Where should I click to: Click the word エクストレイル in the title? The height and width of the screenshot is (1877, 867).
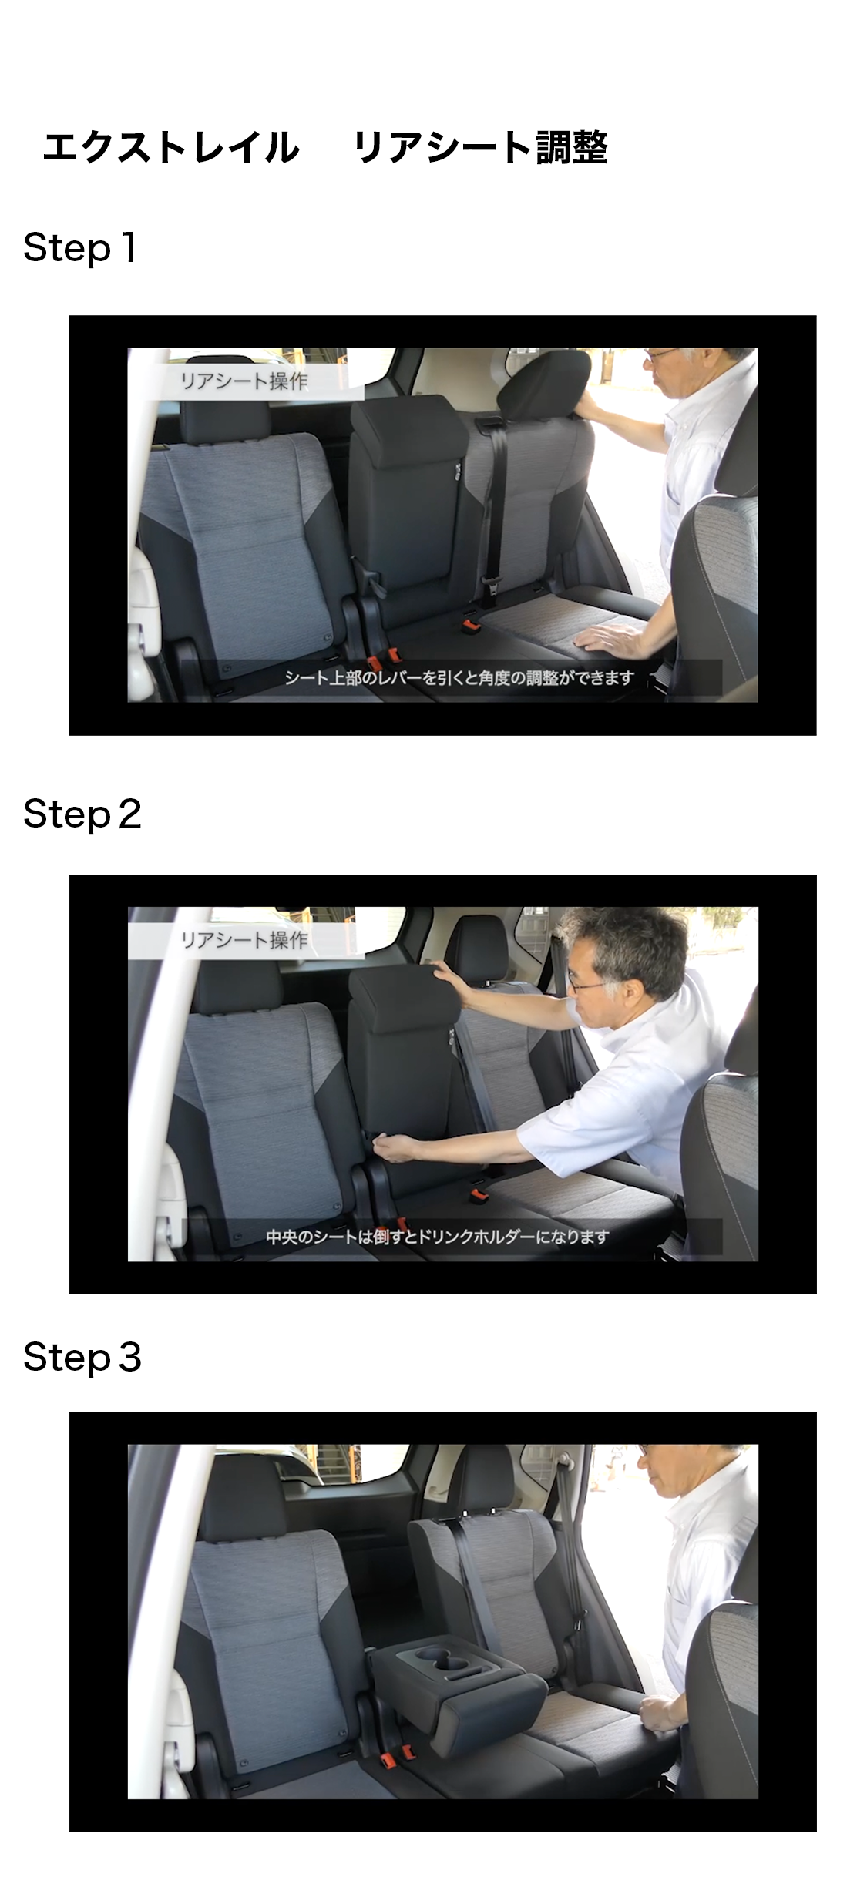(x=171, y=147)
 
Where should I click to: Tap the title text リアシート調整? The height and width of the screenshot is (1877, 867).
(x=481, y=147)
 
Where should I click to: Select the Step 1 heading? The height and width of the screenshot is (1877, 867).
(x=80, y=248)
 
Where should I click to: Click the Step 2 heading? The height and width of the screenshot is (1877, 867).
(x=82, y=814)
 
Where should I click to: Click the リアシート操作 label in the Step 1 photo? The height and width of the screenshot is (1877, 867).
(x=244, y=381)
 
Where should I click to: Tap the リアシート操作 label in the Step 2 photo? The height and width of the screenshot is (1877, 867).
(x=244, y=940)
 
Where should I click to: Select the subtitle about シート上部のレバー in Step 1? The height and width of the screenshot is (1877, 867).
(x=459, y=678)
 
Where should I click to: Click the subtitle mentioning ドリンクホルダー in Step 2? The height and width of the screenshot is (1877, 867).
(x=438, y=1237)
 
